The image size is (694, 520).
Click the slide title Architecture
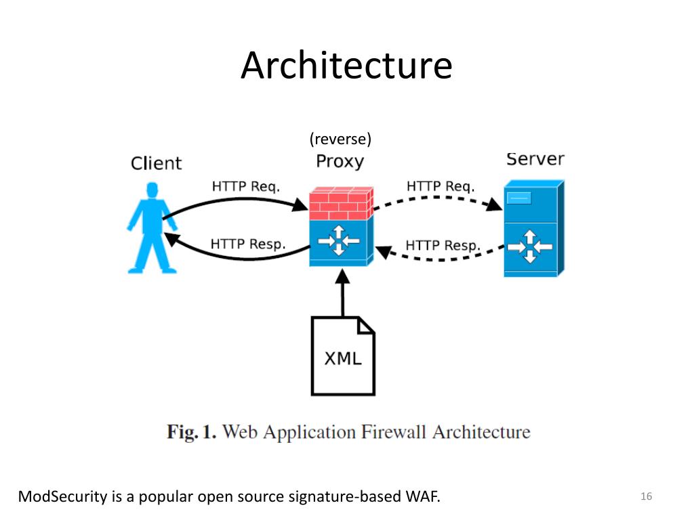[x=346, y=65]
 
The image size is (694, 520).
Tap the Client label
[x=157, y=163]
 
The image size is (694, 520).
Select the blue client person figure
[x=152, y=227]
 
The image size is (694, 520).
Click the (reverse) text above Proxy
[x=340, y=139]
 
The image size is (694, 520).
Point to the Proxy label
[x=340, y=161]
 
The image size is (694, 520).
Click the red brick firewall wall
[x=341, y=203]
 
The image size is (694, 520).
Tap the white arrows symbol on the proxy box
[x=339, y=240]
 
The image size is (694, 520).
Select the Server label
[x=535, y=158]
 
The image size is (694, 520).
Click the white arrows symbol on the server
[x=530, y=246]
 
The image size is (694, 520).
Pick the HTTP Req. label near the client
[x=246, y=186]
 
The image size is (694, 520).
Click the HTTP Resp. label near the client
[x=248, y=244]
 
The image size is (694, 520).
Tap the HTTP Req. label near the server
[x=441, y=186]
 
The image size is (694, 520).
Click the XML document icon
[x=343, y=355]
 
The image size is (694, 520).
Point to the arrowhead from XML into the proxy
[x=342, y=276]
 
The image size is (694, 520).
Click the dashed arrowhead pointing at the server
[x=494, y=204]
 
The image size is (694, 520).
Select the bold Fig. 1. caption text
[x=192, y=432]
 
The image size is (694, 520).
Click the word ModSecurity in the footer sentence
[x=63, y=496]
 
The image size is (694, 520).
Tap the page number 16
[x=646, y=496]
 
